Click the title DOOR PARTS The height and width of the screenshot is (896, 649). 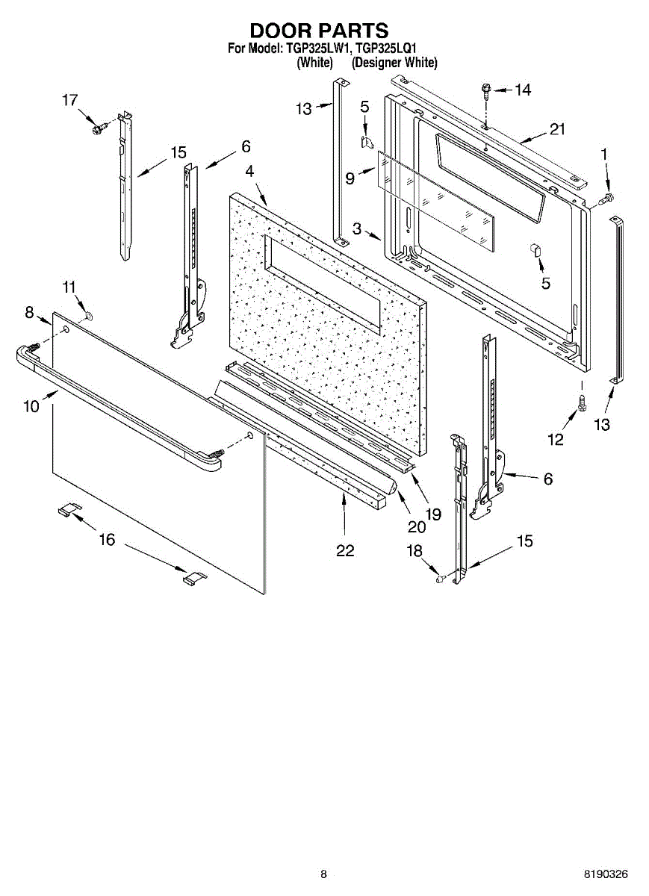pyautogui.click(x=319, y=31)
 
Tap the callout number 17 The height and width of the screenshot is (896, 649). pyautogui.click(x=69, y=100)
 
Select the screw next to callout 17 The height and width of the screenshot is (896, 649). pyautogui.click(x=96, y=129)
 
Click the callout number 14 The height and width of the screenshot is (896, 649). pyautogui.click(x=522, y=90)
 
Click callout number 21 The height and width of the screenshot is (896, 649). pyautogui.click(x=557, y=129)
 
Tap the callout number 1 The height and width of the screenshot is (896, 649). pyautogui.click(x=605, y=154)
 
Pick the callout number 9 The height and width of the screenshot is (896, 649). pyautogui.click(x=349, y=178)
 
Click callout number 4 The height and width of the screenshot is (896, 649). pyautogui.click(x=250, y=171)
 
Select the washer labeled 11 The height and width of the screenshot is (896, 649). pyautogui.click(x=89, y=317)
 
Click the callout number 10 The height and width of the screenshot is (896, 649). pyautogui.click(x=31, y=406)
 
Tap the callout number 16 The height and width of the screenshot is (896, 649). pyautogui.click(x=108, y=540)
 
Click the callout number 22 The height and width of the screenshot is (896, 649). pyautogui.click(x=344, y=550)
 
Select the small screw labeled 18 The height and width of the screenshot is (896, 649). pyautogui.click(x=441, y=576)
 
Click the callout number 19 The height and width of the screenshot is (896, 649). pyautogui.click(x=432, y=514)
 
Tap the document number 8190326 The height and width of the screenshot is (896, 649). pyautogui.click(x=606, y=874)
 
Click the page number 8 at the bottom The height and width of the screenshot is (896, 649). pyautogui.click(x=323, y=874)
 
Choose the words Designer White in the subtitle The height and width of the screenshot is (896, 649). pyautogui.click(x=394, y=63)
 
